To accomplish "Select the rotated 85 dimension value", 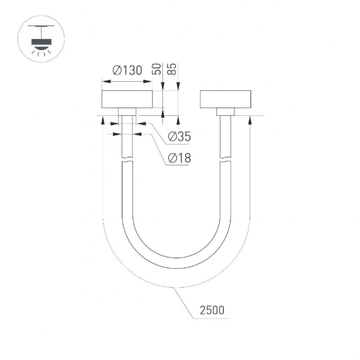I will click(x=172, y=69).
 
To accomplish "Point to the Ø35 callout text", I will click(x=179, y=137).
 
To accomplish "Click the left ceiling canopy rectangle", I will click(x=127, y=99).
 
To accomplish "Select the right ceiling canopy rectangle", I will click(x=225, y=99).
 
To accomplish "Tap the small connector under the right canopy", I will click(x=225, y=112).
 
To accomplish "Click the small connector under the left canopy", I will click(x=127, y=112).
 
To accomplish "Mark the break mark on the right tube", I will click(x=225, y=160).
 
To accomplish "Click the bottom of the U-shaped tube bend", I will click(x=176, y=263).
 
